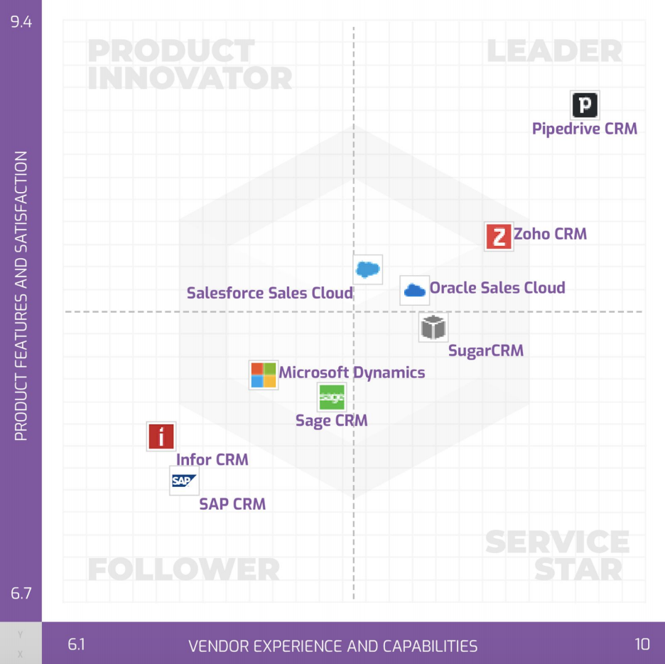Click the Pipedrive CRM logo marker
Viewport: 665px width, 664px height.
tap(585, 106)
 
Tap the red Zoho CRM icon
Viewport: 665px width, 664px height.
tap(499, 236)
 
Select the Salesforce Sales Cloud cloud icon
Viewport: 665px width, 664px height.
tap(368, 269)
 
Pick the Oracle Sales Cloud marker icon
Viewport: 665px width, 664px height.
tap(414, 290)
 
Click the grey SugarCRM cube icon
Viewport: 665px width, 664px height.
tap(433, 327)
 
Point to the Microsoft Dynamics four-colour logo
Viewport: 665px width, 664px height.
tap(264, 375)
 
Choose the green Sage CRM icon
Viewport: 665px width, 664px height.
tap(332, 397)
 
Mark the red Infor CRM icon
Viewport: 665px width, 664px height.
tap(161, 437)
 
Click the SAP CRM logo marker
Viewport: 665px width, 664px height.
tap(183, 481)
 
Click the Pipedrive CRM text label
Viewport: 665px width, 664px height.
tap(585, 129)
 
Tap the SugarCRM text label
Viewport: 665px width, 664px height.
tap(486, 350)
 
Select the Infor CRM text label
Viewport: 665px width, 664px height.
tap(212, 460)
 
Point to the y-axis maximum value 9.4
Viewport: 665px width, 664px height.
tap(21, 22)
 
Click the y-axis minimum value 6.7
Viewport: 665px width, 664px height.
tap(21, 593)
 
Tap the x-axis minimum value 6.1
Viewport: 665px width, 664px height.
tap(76, 645)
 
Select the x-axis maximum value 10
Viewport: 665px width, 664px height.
tap(642, 645)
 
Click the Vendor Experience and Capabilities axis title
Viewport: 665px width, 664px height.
tap(332, 646)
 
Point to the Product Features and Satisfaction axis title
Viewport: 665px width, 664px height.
tap(21, 296)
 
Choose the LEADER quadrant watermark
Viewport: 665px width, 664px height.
tap(554, 51)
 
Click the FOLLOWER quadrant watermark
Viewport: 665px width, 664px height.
tap(183, 569)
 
